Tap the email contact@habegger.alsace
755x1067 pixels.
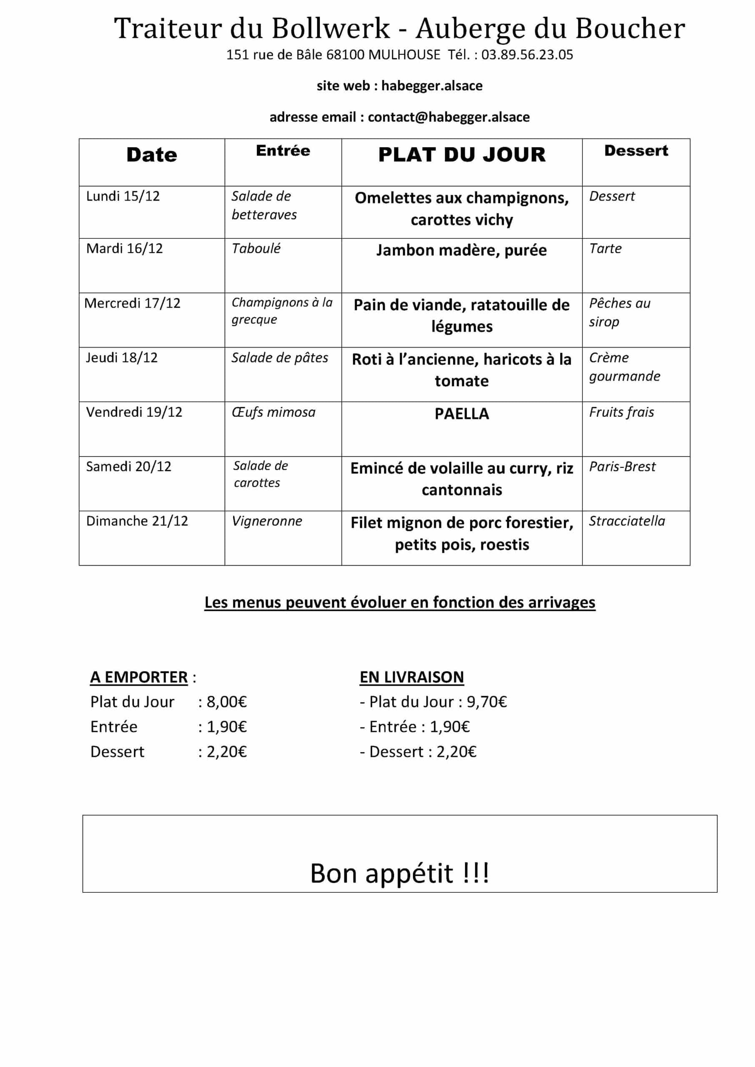[x=448, y=117]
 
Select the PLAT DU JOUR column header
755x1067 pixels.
[x=462, y=155]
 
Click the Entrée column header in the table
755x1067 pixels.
[x=283, y=150]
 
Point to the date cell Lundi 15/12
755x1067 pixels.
[x=123, y=196]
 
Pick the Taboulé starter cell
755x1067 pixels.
[x=256, y=249]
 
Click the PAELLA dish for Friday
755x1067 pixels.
[x=462, y=413]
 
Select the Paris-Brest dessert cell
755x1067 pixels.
[x=622, y=466]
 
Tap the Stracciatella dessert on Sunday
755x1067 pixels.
[x=627, y=521]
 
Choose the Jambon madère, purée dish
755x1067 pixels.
[x=462, y=250]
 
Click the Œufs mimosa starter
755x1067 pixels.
[x=273, y=412]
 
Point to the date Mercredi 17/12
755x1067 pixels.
[x=133, y=303]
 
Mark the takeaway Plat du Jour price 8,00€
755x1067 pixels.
[x=226, y=702]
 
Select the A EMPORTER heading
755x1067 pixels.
[x=139, y=677]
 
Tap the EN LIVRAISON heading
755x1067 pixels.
[x=411, y=677]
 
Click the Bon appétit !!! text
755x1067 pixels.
[x=399, y=873]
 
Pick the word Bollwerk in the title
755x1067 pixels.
[x=331, y=29]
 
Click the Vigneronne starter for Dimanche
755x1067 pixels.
[x=267, y=521]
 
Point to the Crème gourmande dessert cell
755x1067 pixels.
[x=625, y=367]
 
